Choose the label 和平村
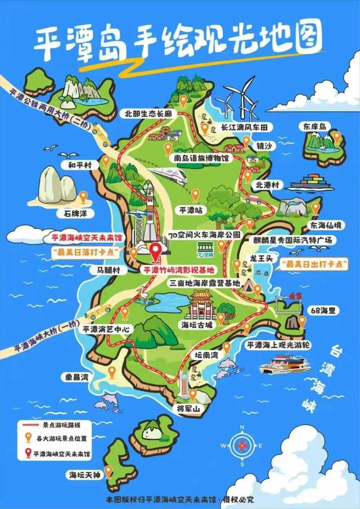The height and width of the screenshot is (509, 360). point(80,165)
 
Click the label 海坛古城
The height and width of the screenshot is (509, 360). point(197,325)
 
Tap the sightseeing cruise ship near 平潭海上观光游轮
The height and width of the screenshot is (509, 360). point(285,362)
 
